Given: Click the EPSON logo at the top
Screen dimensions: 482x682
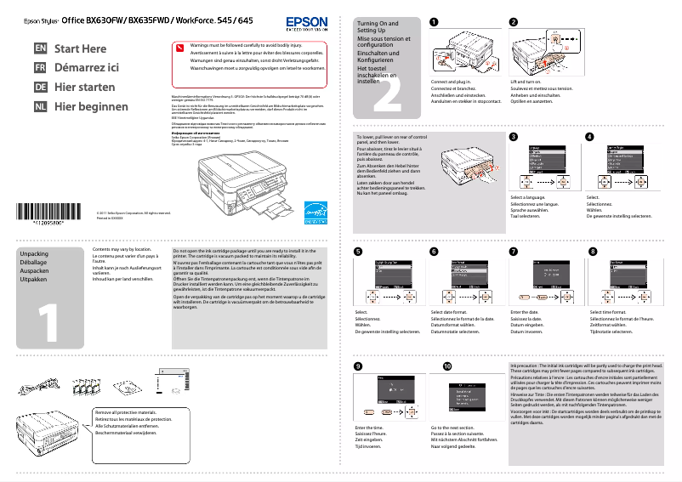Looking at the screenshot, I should [x=305, y=21].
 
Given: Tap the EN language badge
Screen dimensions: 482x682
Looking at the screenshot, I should [x=40, y=49].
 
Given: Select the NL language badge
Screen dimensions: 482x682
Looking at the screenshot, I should [x=40, y=107].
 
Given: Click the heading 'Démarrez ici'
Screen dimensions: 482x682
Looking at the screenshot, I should [x=86, y=68].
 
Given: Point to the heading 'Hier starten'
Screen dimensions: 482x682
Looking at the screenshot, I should [x=84, y=88].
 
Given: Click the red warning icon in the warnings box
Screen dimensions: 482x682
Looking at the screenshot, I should [x=179, y=48].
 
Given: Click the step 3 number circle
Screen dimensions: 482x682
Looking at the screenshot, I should [x=513, y=137].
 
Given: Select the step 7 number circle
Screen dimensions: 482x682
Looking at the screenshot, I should [x=513, y=252].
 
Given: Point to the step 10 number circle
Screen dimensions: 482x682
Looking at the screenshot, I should [x=447, y=366].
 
